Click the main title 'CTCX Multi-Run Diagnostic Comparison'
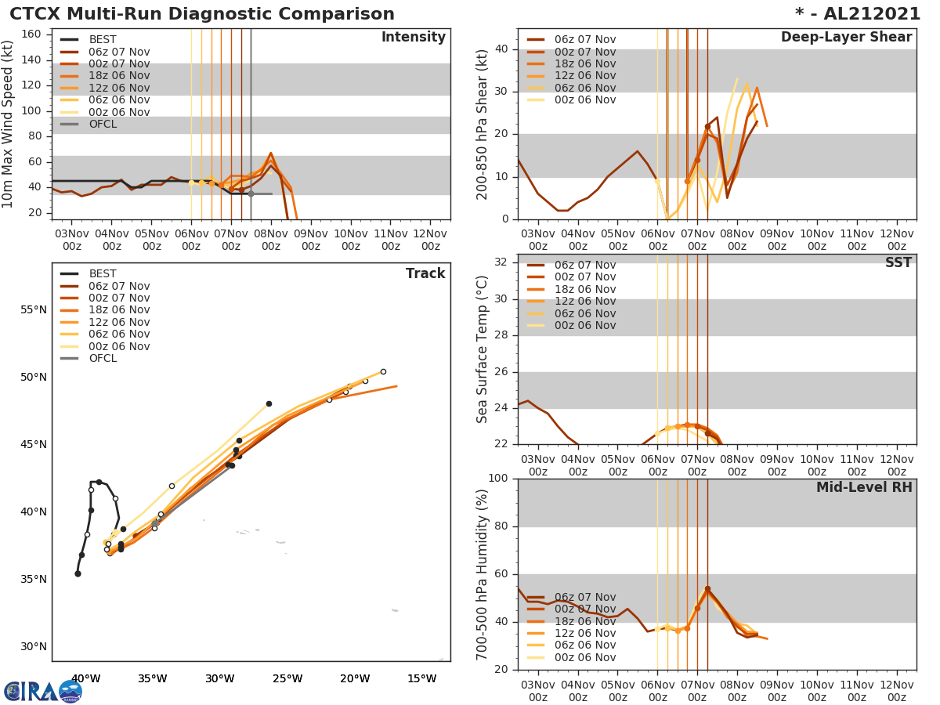pyautogui.click(x=202, y=14)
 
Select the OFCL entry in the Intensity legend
pyautogui.click(x=103, y=124)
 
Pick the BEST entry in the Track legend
pyautogui.click(x=103, y=273)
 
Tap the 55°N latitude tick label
pyautogui.click(x=34, y=309)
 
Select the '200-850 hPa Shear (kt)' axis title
pyautogui.click(x=483, y=124)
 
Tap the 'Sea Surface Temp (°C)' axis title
pyautogui.click(x=483, y=349)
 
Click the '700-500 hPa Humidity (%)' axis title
pyautogui.click(x=483, y=574)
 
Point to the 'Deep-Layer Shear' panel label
pyautogui.click(x=846, y=38)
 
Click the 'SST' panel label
pyautogui.click(x=898, y=262)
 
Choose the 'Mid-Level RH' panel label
pyautogui.click(x=863, y=487)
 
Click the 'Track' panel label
pyautogui.click(x=425, y=273)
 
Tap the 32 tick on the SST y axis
pyautogui.click(x=503, y=262)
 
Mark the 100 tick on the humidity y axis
pyautogui.click(x=498, y=478)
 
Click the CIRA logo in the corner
pyautogui.click(x=43, y=691)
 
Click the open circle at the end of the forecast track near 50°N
pyautogui.click(x=383, y=371)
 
